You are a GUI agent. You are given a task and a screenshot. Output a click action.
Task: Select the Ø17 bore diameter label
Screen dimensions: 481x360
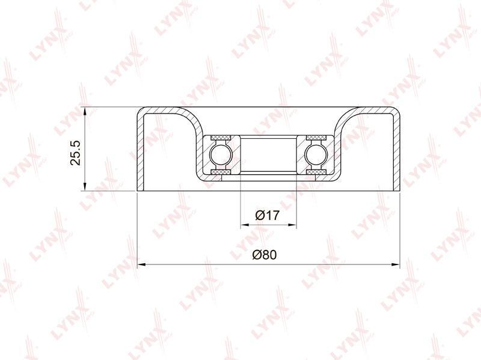(268, 215)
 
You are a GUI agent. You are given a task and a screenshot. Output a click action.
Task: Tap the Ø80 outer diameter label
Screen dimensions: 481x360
(265, 254)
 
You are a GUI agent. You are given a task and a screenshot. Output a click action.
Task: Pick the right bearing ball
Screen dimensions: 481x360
(316, 155)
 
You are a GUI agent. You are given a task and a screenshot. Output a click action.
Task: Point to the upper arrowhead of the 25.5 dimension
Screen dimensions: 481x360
(85, 111)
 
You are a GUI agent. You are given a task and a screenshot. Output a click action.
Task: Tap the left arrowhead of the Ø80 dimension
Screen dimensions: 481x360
(141, 264)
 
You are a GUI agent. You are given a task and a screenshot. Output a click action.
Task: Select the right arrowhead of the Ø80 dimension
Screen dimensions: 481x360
(396, 264)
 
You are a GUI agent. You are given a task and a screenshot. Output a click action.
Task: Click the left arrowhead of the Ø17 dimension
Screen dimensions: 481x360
(245, 225)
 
